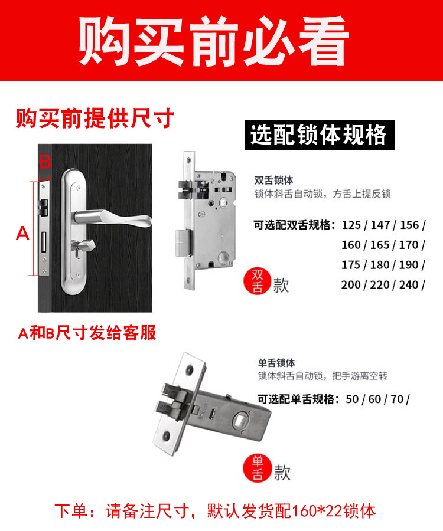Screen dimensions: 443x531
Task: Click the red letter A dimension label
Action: click(22, 233)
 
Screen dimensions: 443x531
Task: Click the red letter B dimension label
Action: click(45, 162)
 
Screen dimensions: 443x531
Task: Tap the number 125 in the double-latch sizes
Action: click(351, 225)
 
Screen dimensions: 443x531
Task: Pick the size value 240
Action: click(409, 285)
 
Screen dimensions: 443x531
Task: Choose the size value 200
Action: click(351, 285)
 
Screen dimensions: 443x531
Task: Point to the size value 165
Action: click(380, 245)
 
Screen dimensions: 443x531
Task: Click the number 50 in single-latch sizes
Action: click(352, 399)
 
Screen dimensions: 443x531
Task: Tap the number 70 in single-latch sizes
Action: click(397, 399)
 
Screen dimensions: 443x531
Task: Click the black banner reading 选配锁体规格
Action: click(320, 135)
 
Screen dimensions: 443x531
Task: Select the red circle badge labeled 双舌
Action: click(258, 281)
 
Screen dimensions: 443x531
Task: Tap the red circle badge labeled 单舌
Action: click(258, 468)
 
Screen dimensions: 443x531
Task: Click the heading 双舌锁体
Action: click(274, 181)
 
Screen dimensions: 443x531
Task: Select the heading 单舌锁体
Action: click(276, 363)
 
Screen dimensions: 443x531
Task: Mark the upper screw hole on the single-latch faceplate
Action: click(189, 370)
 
